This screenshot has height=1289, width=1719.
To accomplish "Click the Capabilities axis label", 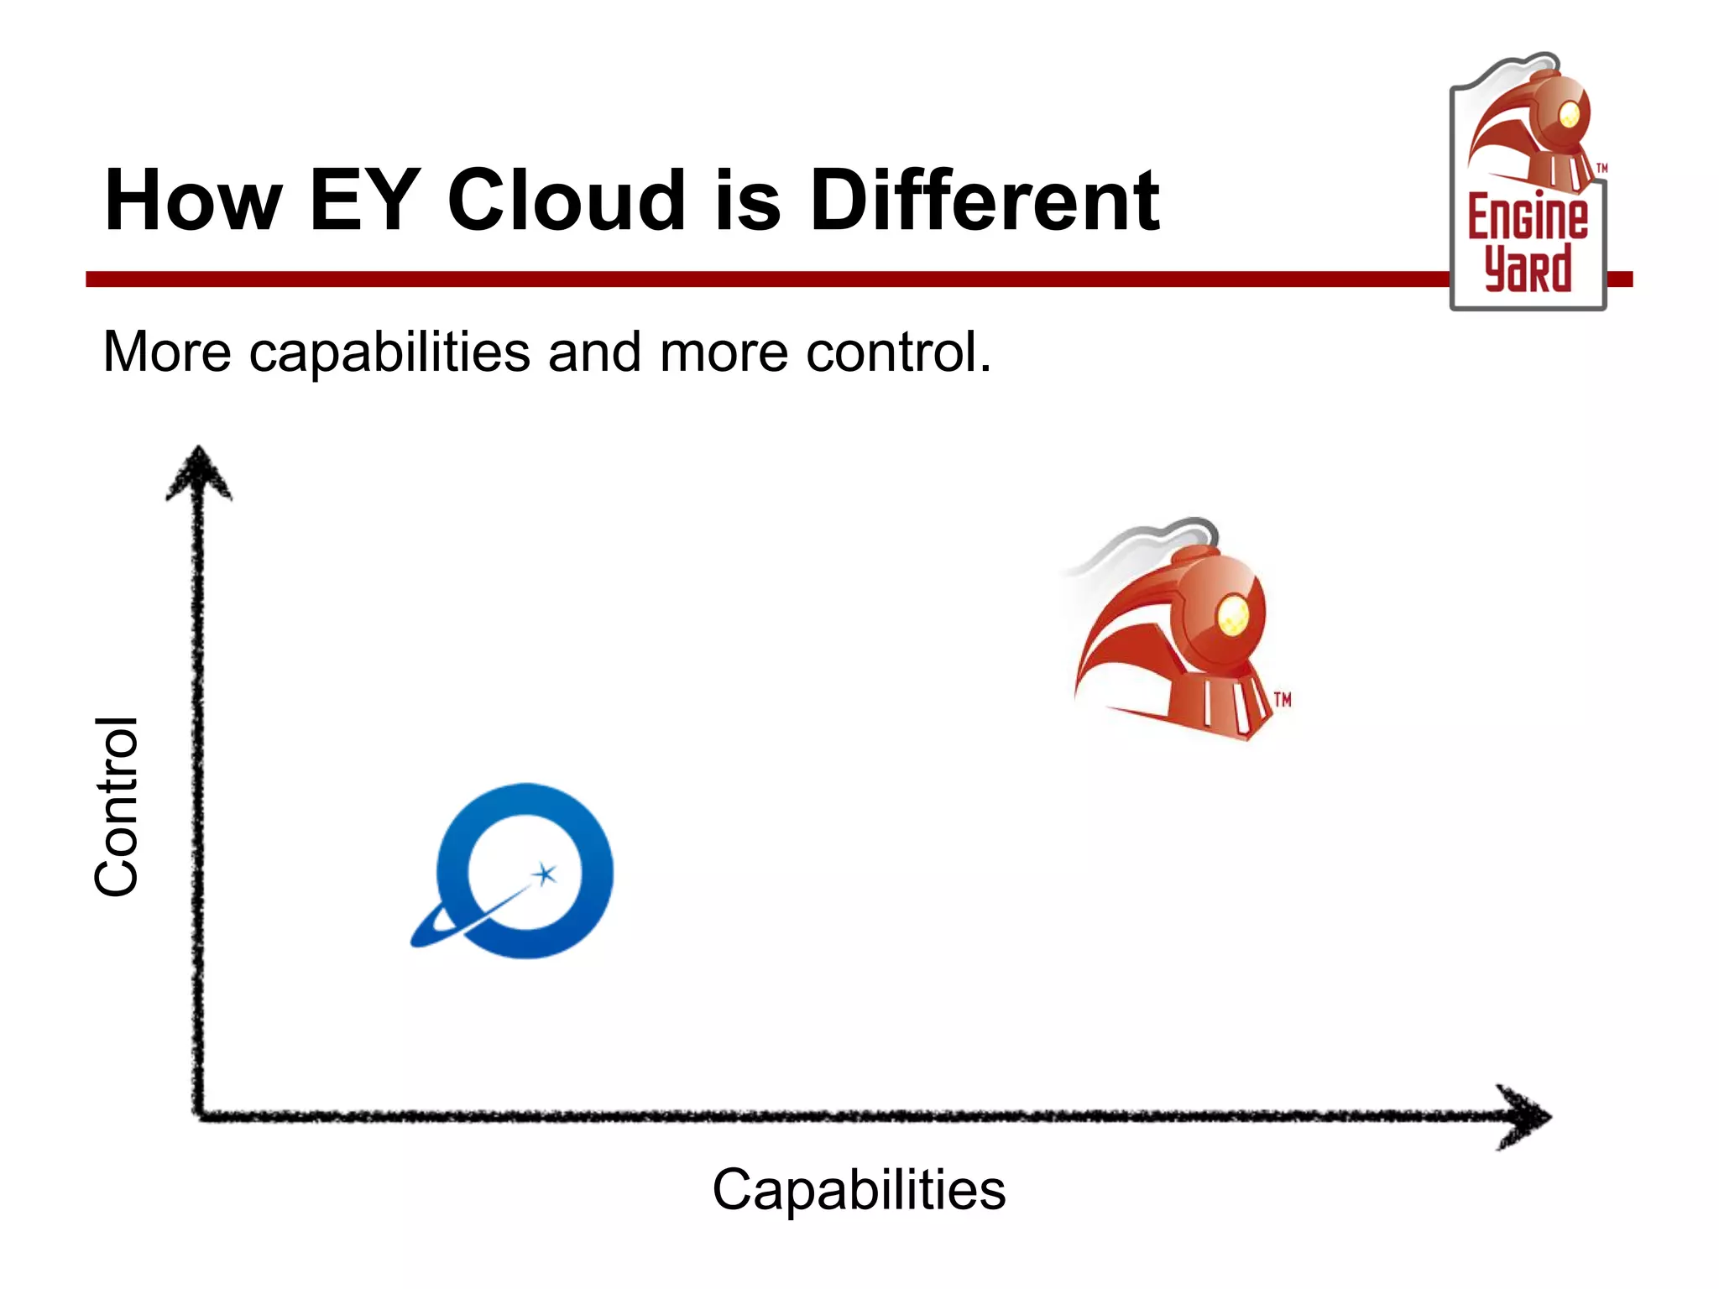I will point(859,1189).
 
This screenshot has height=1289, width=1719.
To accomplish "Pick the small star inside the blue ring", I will point(546,874).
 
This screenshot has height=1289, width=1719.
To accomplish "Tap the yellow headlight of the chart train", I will point(1232,616).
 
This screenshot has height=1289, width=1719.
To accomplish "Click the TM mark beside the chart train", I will point(1282,700).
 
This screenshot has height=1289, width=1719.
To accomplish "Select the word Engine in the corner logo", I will point(1528,217).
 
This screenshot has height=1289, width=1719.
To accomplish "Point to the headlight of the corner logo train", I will point(1568,114).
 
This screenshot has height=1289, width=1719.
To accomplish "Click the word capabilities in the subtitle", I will point(389,352).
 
